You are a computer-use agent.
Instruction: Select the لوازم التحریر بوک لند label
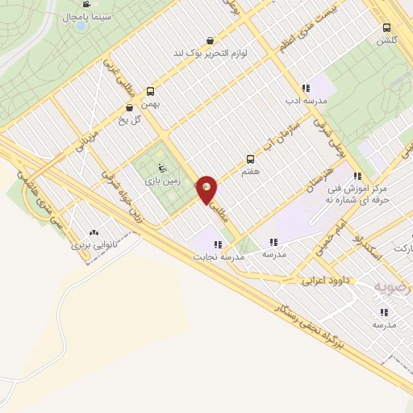point(211,52)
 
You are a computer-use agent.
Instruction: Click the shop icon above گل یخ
point(128,108)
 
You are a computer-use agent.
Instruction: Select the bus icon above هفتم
point(250,159)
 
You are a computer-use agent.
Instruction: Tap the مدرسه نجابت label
point(218,257)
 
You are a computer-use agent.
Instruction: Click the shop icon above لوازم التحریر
point(211,40)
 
